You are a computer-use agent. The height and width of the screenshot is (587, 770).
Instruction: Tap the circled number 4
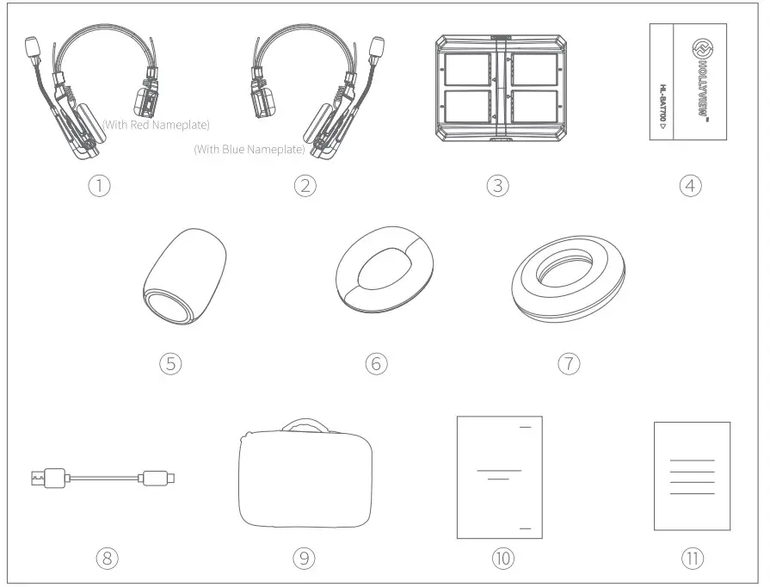(x=691, y=184)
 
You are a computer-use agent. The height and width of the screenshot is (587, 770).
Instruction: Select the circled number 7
(x=568, y=363)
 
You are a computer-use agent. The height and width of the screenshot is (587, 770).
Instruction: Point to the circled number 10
(x=502, y=558)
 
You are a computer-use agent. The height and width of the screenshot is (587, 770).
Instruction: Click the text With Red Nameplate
(x=156, y=125)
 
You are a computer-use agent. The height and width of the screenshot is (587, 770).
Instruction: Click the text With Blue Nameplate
(x=249, y=149)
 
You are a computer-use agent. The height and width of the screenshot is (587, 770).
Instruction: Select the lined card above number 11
(x=692, y=476)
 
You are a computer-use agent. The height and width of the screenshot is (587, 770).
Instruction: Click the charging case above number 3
(x=498, y=87)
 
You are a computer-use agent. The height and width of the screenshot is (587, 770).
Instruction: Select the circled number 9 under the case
(x=303, y=558)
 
